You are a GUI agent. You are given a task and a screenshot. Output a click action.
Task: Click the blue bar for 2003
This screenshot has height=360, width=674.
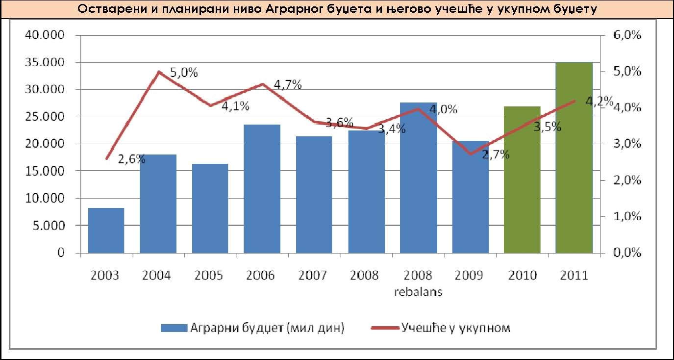(106, 231)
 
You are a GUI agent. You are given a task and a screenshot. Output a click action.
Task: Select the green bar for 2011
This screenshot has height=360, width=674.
(574, 157)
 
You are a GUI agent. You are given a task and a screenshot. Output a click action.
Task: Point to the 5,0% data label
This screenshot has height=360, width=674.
(184, 73)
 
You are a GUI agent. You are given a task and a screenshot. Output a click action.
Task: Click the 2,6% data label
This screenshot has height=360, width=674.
(132, 158)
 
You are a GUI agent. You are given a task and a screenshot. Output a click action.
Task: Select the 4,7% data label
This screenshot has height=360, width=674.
(288, 84)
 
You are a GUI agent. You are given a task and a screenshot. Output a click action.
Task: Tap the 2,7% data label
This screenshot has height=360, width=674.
(496, 155)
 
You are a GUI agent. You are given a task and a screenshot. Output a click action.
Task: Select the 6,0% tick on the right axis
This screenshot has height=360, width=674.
(625, 35)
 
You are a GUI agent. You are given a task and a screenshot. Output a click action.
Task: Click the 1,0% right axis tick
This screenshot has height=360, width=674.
(625, 217)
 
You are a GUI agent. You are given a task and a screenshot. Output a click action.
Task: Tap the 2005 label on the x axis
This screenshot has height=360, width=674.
(208, 275)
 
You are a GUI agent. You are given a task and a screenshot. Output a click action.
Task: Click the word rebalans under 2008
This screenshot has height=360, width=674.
(418, 292)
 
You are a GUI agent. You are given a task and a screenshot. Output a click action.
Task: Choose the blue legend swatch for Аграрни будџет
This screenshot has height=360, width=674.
(174, 328)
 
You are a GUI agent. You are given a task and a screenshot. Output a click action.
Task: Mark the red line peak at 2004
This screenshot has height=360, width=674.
(158, 72)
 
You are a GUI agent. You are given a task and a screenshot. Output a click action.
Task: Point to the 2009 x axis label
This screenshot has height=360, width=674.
(469, 275)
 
